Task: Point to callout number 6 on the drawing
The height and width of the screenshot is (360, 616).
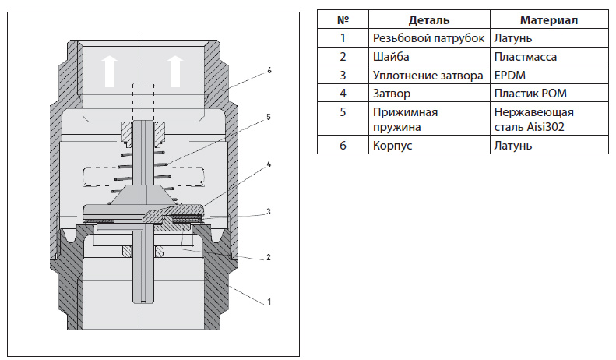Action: [269, 70]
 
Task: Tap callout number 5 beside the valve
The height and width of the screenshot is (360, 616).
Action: [268, 118]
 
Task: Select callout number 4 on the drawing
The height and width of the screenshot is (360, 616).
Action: [269, 164]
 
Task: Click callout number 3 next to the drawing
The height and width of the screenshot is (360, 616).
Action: [269, 211]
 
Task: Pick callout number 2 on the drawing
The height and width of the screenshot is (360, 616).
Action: [269, 256]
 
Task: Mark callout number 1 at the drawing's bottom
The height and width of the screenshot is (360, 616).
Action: [269, 301]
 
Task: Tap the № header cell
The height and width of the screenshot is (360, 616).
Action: [341, 19]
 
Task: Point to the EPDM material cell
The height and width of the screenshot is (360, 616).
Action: [511, 76]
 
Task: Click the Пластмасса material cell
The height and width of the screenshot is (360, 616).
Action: [525, 57]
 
